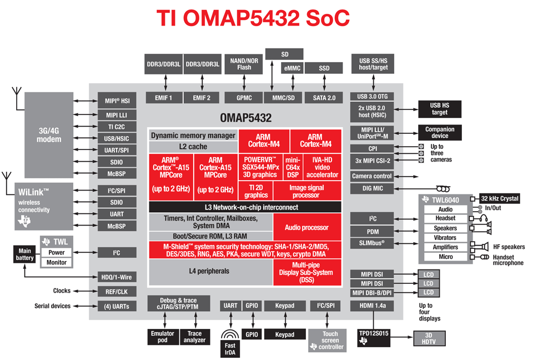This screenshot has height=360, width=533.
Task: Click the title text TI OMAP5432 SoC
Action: (x=253, y=18)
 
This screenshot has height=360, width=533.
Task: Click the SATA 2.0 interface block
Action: (x=324, y=98)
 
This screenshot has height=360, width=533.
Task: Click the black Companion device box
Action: (x=439, y=132)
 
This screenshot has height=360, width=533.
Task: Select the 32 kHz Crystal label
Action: (x=500, y=198)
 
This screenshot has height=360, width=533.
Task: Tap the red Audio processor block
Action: (x=306, y=227)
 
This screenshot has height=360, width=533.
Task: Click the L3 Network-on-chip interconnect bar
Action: (x=244, y=207)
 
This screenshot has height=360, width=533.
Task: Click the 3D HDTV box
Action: (x=429, y=338)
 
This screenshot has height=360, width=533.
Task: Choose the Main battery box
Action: (x=24, y=254)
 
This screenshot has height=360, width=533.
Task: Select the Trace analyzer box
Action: (x=195, y=337)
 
